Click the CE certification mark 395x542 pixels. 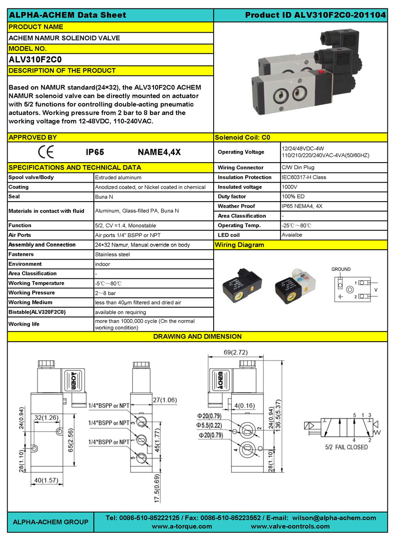click(x=46, y=152)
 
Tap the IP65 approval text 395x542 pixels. click(x=95, y=152)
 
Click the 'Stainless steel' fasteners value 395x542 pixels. click(x=112, y=254)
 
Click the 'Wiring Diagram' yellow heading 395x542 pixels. click(x=240, y=245)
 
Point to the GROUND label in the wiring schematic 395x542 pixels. click(x=341, y=269)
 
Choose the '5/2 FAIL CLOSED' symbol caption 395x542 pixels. click(x=346, y=447)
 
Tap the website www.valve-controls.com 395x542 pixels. click(x=290, y=526)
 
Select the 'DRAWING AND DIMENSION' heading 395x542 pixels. click(x=197, y=336)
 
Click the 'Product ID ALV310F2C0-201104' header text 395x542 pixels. click(x=315, y=15)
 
